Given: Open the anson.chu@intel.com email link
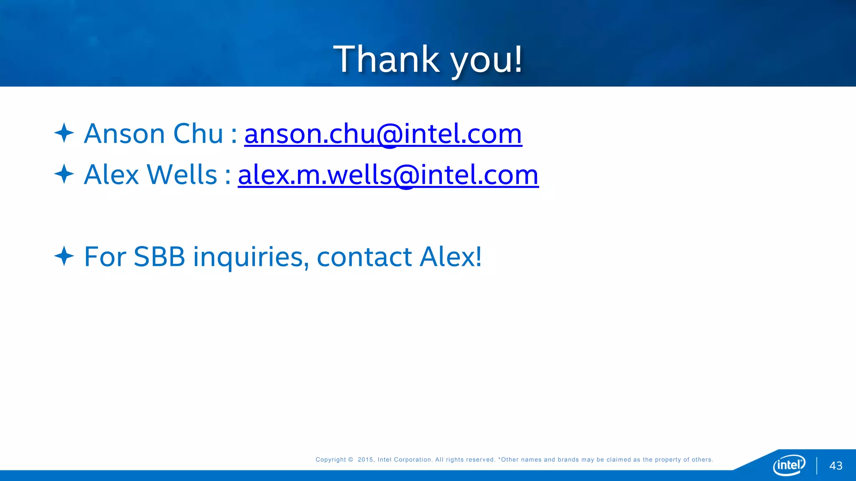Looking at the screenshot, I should (383, 134).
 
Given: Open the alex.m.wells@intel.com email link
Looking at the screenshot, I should (388, 175).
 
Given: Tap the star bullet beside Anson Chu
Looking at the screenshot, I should (64, 133).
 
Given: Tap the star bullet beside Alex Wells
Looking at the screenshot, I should (64, 174).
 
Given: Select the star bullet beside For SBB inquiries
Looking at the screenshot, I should (64, 256).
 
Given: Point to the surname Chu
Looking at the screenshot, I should (198, 134).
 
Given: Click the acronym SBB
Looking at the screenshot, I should (159, 257).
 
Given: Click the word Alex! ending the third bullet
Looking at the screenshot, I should (451, 257).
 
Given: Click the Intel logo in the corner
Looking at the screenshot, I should (789, 465).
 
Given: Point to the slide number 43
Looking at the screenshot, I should (836, 466).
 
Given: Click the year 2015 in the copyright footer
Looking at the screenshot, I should (365, 460).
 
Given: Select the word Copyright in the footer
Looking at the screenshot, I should (331, 460).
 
